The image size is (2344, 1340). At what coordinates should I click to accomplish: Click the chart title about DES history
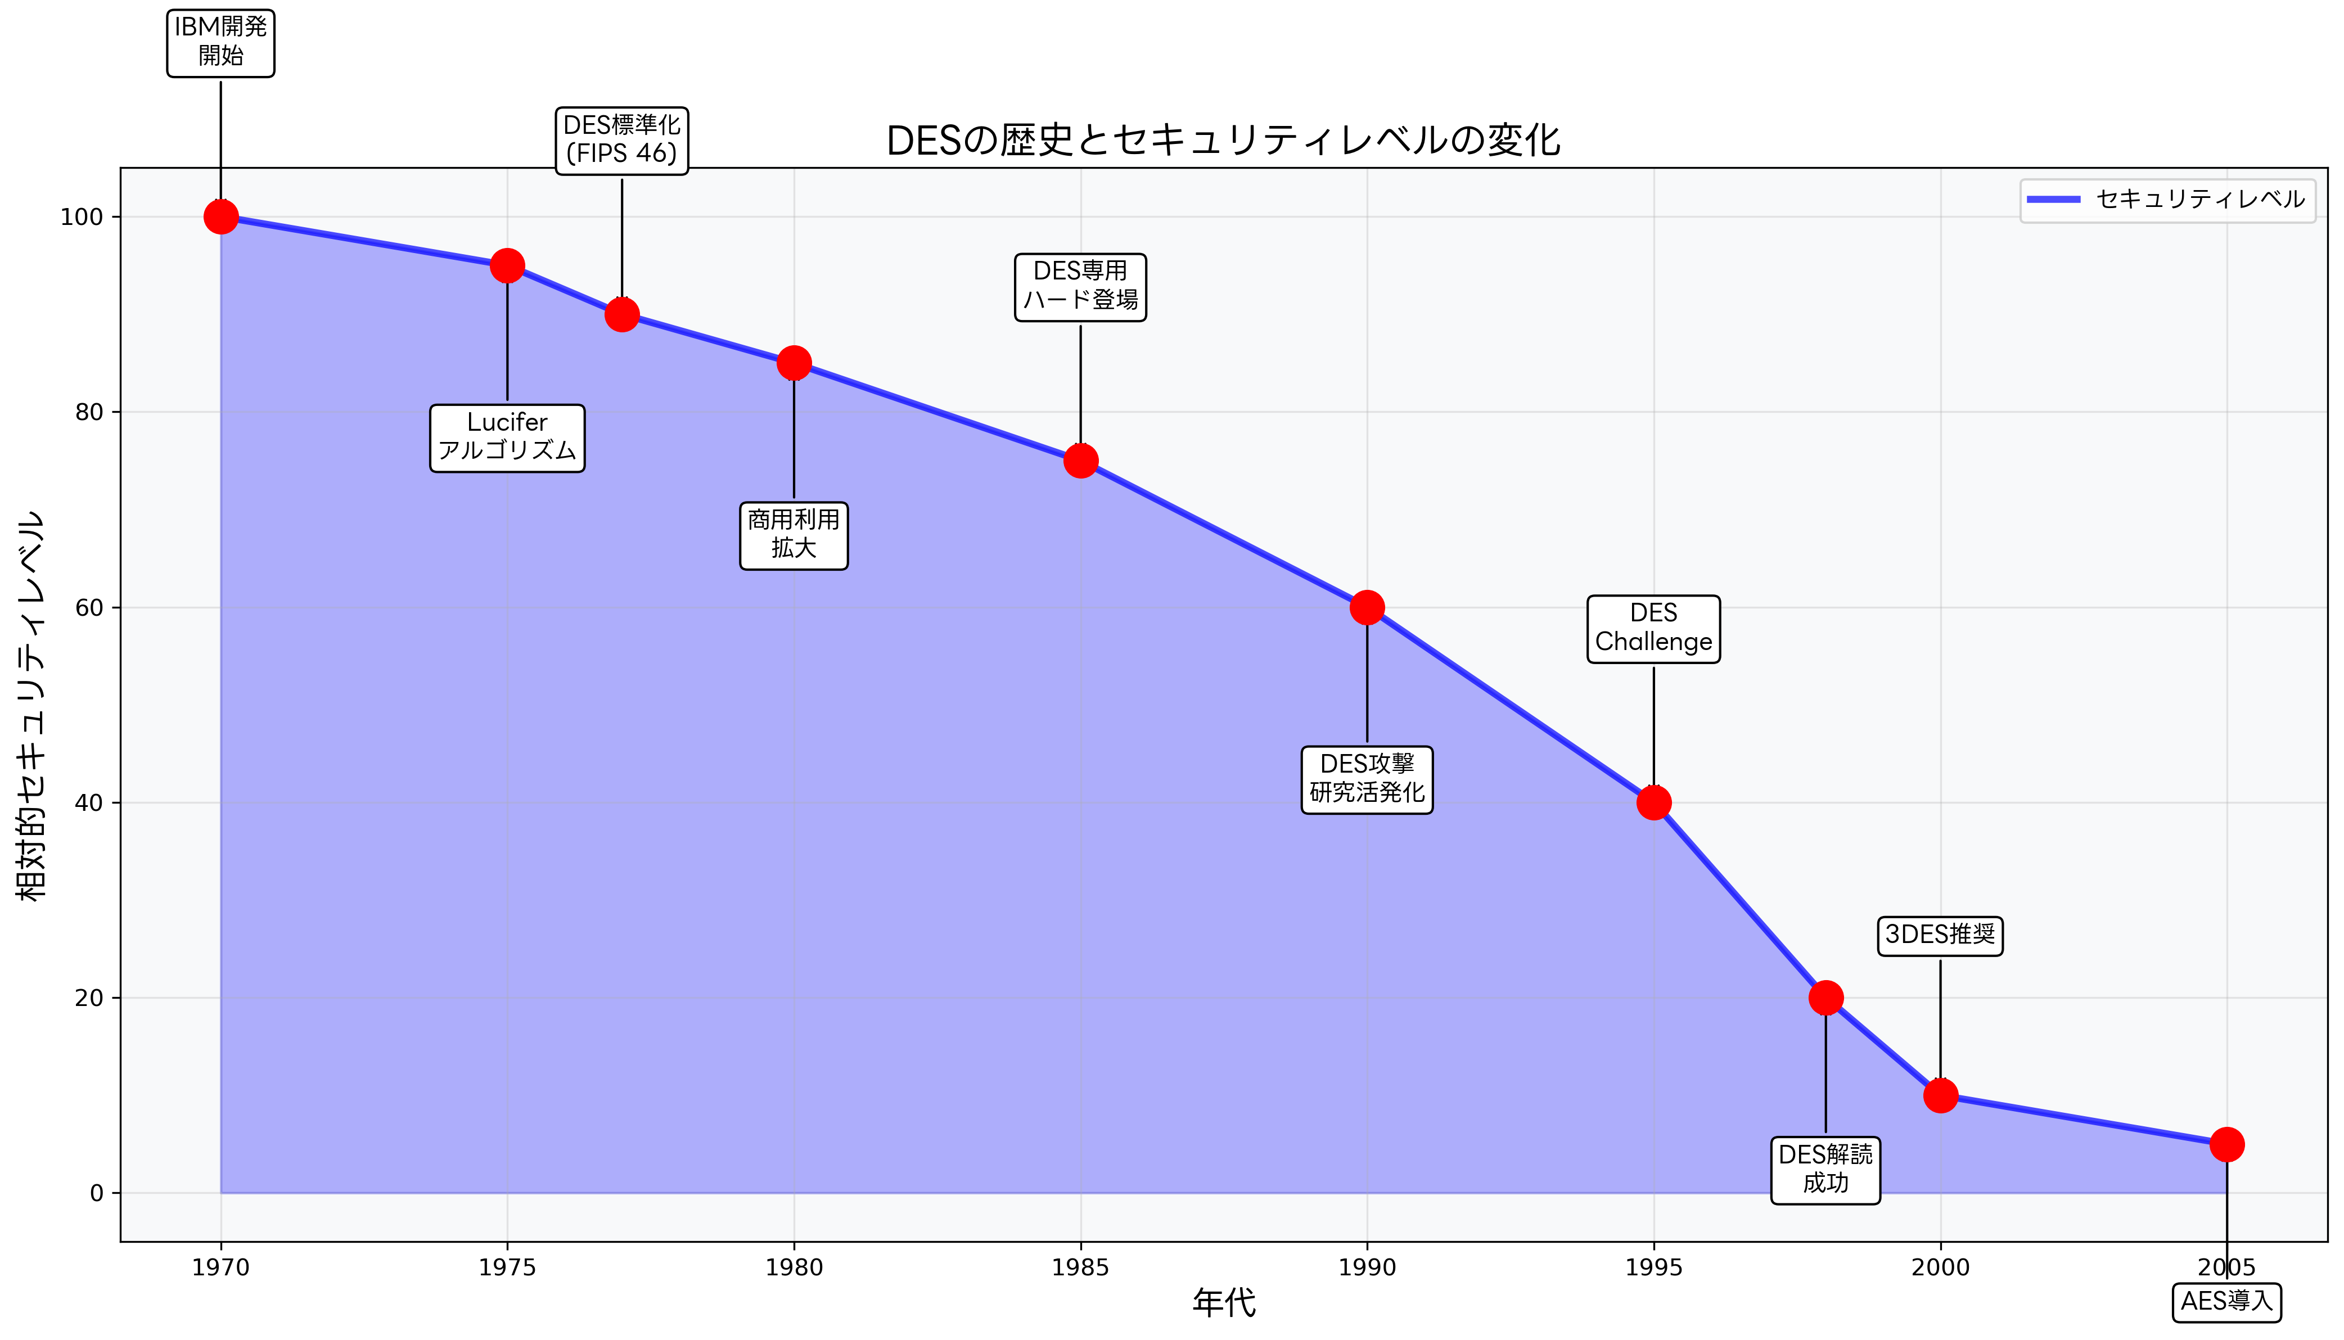click(1223, 141)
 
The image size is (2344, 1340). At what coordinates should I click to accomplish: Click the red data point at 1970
click(221, 217)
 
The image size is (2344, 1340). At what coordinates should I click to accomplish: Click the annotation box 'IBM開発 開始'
click(221, 42)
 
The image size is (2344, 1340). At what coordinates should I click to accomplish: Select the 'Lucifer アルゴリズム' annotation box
click(507, 438)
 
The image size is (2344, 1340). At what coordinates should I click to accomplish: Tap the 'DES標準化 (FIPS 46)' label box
click(622, 140)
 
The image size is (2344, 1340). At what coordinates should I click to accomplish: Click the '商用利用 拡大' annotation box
click(794, 536)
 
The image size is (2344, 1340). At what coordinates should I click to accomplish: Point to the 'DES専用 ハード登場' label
click(1080, 287)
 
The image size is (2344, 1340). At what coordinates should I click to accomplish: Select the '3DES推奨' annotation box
click(1940, 936)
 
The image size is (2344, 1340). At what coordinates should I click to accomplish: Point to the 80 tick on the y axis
click(89, 412)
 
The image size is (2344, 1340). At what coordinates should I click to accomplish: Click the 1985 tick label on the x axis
click(1080, 1268)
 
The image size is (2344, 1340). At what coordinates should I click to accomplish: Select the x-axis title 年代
click(1223, 1303)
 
